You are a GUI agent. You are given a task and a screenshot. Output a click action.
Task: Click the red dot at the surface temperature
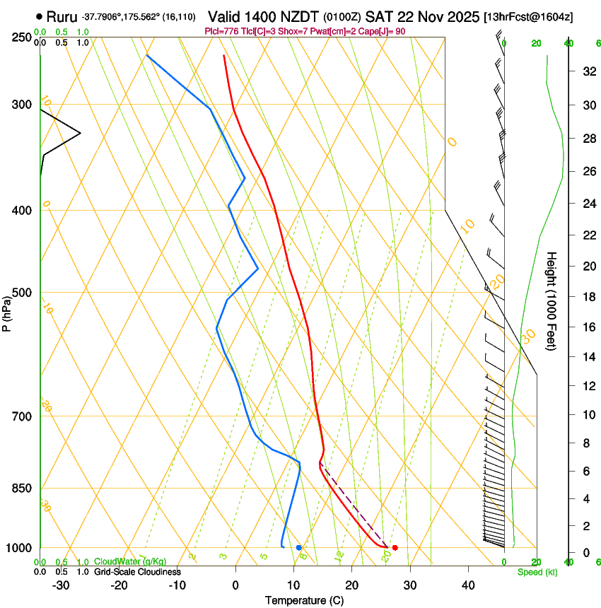click(395, 547)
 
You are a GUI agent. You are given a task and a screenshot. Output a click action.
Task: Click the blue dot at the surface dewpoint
click(299, 547)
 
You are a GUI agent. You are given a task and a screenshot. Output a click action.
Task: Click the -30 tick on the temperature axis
click(60, 585)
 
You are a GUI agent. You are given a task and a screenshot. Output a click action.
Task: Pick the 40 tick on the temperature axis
click(467, 585)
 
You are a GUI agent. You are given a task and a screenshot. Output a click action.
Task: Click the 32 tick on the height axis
click(588, 71)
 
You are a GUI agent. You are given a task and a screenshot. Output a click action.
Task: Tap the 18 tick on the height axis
click(588, 297)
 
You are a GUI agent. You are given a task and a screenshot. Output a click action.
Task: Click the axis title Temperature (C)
click(304, 600)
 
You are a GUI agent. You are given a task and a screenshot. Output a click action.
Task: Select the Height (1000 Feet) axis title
click(552, 301)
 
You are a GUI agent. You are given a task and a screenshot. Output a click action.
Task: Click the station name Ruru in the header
click(62, 16)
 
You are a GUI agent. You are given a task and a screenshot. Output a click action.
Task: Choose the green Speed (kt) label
click(537, 571)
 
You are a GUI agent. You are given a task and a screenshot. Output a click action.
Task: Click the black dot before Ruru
click(38, 16)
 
